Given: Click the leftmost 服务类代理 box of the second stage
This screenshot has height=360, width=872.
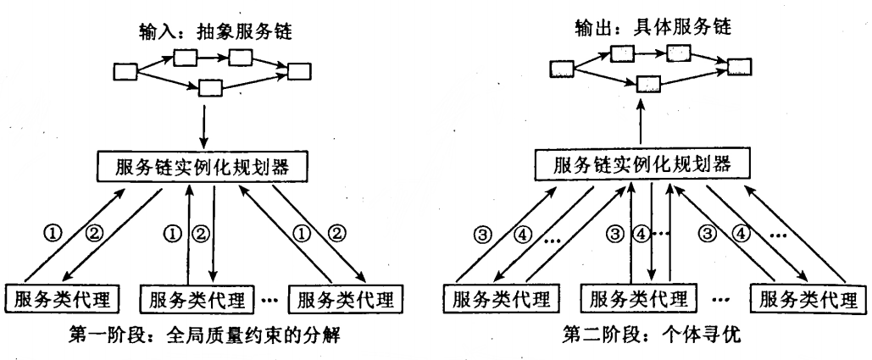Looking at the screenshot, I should (x=498, y=299).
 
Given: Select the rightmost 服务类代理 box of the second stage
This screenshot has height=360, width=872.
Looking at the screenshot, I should (x=806, y=299).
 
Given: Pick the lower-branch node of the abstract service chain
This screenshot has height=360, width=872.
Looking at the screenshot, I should (x=208, y=86).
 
